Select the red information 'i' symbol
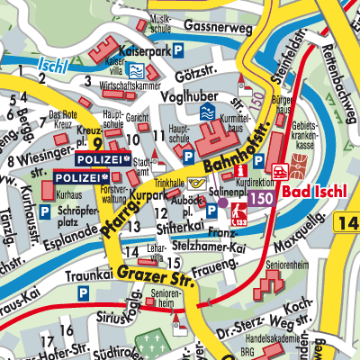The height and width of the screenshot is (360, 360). click(x=238, y=170)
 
